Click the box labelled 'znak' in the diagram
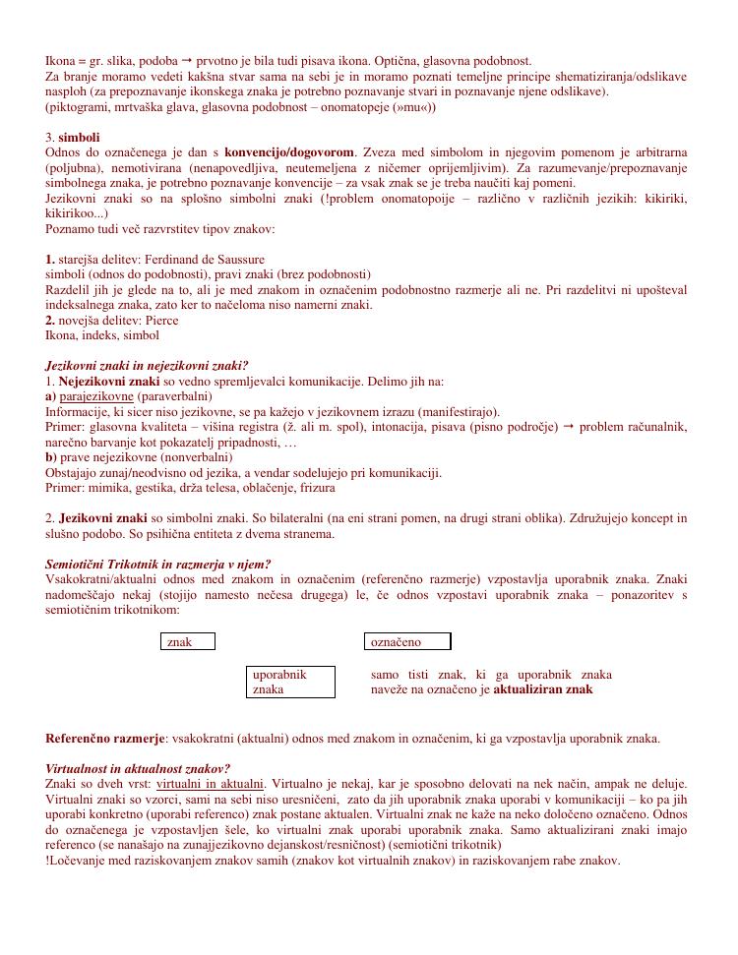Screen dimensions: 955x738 [x=187, y=642]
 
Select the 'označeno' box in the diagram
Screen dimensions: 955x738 [x=407, y=642]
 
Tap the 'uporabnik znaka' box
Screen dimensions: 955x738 [x=290, y=682]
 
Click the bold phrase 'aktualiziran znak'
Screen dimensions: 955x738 [x=543, y=689]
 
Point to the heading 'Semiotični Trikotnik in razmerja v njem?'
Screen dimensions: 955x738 [x=158, y=565]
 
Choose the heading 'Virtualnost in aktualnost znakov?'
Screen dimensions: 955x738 [x=139, y=768]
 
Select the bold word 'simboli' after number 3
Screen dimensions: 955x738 [x=79, y=137]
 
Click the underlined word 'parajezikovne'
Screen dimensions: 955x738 [x=95, y=396]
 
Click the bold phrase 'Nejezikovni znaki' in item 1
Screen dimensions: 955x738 [x=109, y=381]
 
